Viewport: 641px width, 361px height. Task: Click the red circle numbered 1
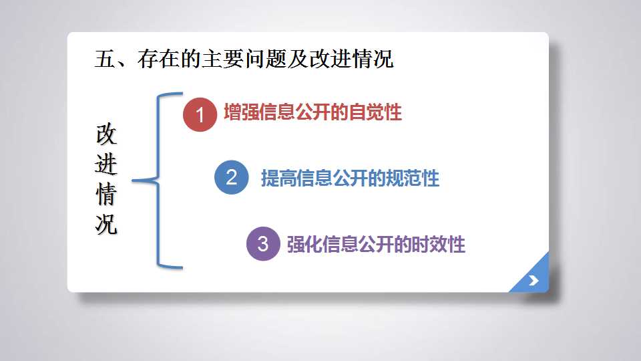pos(200,114)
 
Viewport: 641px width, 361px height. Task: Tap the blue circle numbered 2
pos(232,177)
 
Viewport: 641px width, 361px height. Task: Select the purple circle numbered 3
pos(263,243)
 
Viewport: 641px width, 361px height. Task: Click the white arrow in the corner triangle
pos(533,280)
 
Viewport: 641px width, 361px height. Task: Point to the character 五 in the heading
pos(105,59)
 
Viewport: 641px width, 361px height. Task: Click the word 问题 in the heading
pos(266,59)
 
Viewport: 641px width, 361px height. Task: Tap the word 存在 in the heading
pos(159,59)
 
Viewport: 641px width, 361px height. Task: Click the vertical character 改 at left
pos(106,134)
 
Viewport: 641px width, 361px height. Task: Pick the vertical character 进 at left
pos(106,164)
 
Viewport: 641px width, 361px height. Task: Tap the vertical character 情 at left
pos(106,194)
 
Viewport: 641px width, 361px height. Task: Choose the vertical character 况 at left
pos(106,225)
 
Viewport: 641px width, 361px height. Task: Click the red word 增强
pos(242,112)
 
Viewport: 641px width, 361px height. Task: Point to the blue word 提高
pos(279,178)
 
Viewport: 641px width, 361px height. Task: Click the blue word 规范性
pos(413,178)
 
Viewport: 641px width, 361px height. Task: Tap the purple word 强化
pos(304,245)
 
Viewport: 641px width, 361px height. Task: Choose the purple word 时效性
pos(439,245)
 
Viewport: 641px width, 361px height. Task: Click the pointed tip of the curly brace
pos(132,180)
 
